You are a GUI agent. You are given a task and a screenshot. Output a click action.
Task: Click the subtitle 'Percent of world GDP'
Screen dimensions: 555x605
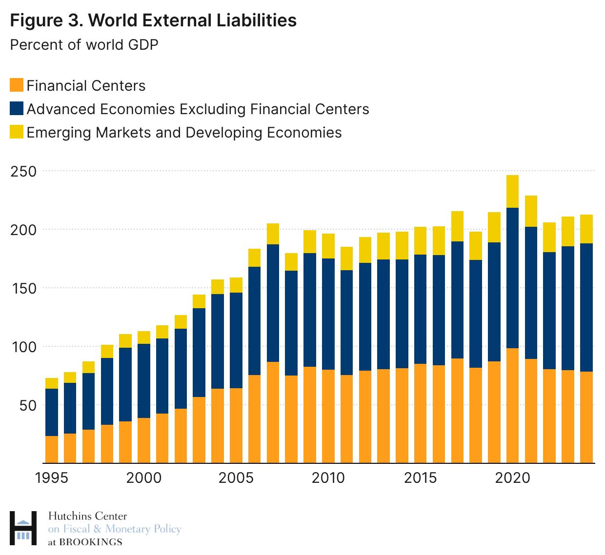[x=84, y=45]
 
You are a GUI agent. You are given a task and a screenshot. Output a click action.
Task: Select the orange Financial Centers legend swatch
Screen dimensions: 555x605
[x=17, y=85]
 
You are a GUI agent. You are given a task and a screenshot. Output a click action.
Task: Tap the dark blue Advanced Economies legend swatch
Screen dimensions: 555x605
[x=17, y=108]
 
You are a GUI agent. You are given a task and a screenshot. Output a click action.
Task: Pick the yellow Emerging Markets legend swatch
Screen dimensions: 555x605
[x=17, y=132]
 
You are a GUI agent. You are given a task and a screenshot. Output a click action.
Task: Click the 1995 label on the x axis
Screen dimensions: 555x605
[x=52, y=477]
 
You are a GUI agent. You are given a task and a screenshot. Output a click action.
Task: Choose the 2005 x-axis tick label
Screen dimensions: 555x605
[x=236, y=477]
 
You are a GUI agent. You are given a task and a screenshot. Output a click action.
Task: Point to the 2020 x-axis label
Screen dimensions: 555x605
[x=512, y=477]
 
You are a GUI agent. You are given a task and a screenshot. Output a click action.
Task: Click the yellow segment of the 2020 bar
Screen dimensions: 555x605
[x=512, y=192]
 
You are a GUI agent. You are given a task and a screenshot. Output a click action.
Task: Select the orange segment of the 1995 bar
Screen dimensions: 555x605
[x=52, y=449]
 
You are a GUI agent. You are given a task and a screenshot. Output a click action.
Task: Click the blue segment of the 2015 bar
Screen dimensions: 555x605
[x=421, y=309]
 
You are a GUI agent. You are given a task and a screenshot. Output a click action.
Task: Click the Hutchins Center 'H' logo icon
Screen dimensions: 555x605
[x=23, y=528]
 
